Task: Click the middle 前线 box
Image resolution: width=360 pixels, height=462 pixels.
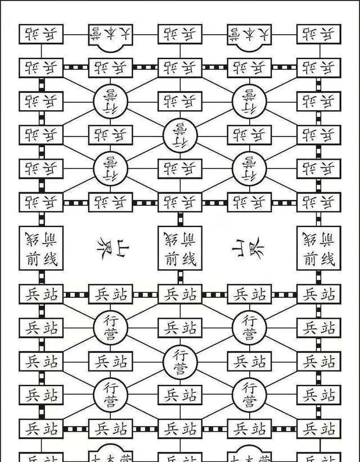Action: (180, 248)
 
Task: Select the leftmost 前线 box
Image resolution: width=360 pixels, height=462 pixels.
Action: (41, 248)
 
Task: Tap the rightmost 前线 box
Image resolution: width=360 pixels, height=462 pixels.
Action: (318, 248)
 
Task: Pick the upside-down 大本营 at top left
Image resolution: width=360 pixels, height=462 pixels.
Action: (110, 35)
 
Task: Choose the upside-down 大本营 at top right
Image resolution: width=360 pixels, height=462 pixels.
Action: (249, 35)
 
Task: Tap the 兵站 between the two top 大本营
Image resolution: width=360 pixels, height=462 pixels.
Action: (180, 34)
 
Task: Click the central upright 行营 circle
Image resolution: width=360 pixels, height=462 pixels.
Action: (180, 362)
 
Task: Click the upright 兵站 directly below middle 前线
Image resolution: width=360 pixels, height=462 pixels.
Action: (180, 294)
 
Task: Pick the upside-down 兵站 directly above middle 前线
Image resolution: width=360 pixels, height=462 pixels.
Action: (180, 202)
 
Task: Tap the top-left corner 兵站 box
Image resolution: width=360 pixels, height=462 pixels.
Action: (41, 34)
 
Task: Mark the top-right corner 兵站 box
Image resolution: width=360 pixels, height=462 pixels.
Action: (318, 34)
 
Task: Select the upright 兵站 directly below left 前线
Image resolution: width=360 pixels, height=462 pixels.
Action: (41, 294)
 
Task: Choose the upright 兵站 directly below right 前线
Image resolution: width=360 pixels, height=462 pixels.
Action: (318, 294)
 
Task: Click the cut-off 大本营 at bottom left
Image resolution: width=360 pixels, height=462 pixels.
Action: (110, 456)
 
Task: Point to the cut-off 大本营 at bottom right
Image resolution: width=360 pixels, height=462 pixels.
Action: (249, 456)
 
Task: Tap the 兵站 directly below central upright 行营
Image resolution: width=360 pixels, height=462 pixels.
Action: (180, 395)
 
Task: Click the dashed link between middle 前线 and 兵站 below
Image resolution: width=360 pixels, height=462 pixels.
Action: (180, 277)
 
